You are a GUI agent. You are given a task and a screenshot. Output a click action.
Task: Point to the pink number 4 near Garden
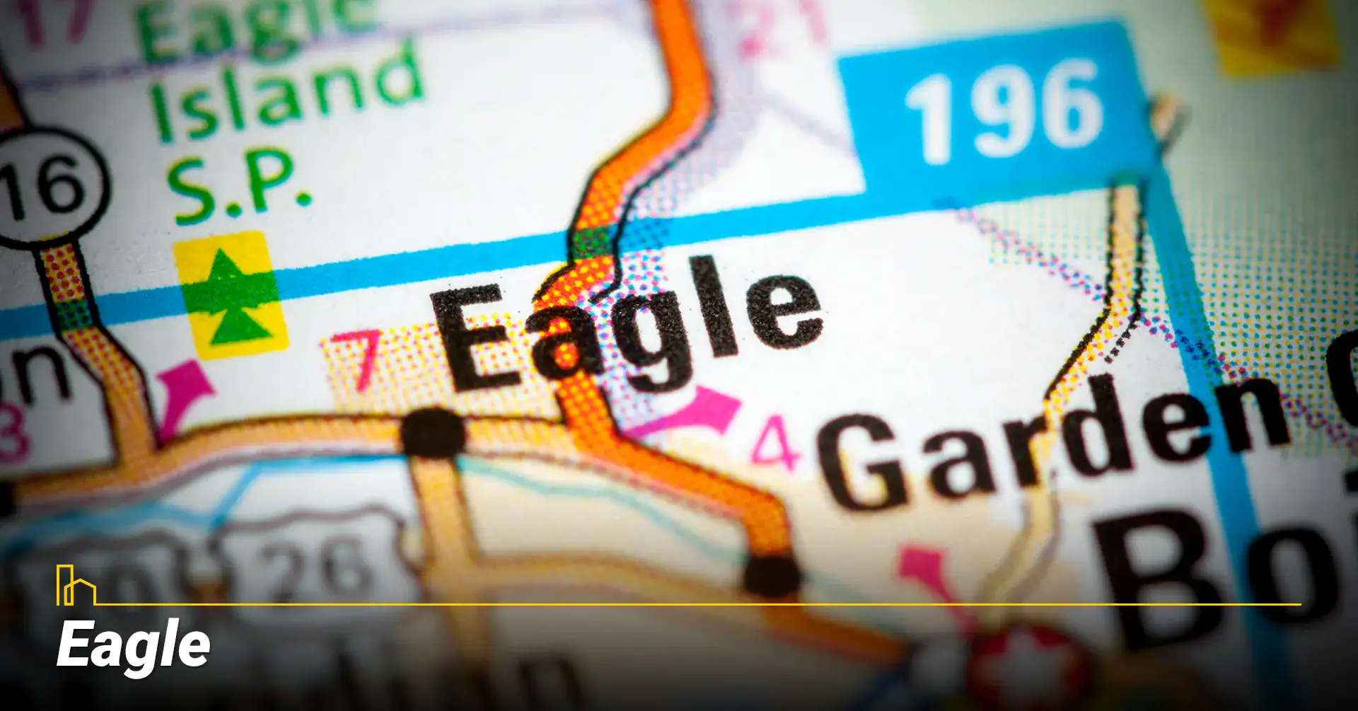pos(775,442)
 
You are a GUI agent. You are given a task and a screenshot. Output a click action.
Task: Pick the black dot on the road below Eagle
pos(433,431)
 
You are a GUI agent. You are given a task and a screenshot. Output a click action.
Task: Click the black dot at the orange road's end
pos(772,574)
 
